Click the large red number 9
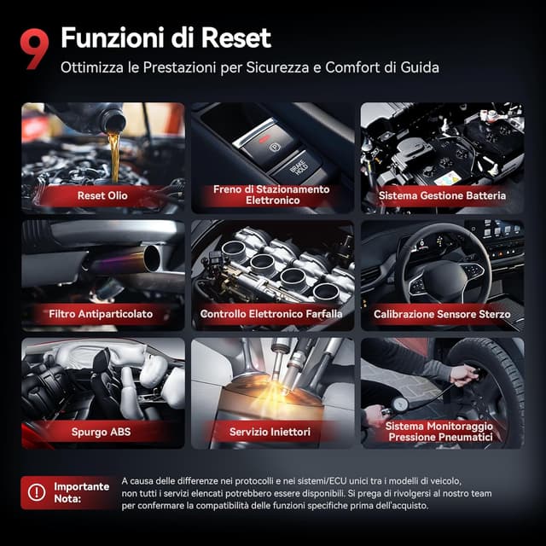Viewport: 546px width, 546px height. pyautogui.click(x=35, y=49)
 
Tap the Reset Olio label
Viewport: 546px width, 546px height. pyautogui.click(x=102, y=195)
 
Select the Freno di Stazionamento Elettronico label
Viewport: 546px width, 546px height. pyautogui.click(x=271, y=195)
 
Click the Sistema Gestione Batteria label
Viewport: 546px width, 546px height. pyautogui.click(x=442, y=195)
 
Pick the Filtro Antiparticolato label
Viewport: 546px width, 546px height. pyautogui.click(x=101, y=314)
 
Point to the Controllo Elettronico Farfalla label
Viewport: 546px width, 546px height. pyautogui.click(x=271, y=314)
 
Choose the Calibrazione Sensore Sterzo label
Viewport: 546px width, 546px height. pyautogui.click(x=442, y=314)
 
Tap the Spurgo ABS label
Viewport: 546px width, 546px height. pyautogui.click(x=102, y=432)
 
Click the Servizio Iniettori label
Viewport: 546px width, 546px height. pyautogui.click(x=271, y=433)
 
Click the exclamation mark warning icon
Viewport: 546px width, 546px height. pyautogui.click(x=37, y=492)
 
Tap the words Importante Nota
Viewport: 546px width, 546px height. pyautogui.click(x=81, y=492)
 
